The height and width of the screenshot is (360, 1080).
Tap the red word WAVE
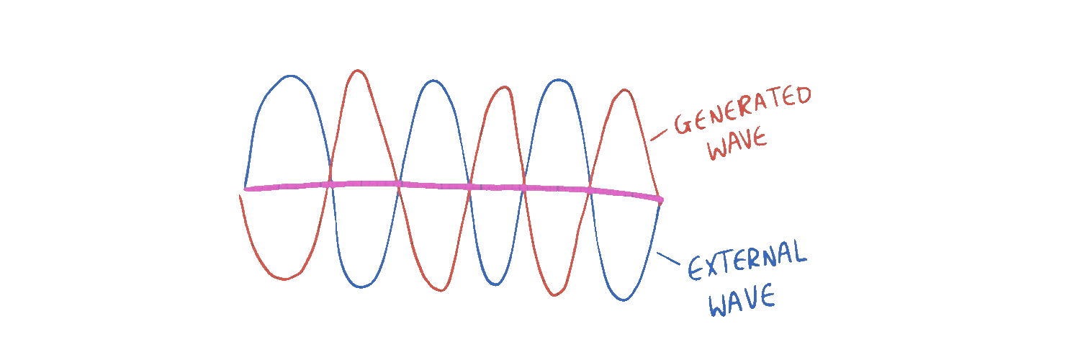pos(737,147)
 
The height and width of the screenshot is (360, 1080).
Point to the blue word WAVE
pos(742,300)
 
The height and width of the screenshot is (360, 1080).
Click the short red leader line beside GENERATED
pos(659,134)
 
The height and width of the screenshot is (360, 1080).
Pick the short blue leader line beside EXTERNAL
pos(668,258)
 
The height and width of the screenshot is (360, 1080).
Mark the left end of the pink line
pos(246,189)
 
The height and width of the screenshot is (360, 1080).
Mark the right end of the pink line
pos(660,199)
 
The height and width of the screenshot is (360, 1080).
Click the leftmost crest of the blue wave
pos(289,76)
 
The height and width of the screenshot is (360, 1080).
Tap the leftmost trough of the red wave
pos(285,279)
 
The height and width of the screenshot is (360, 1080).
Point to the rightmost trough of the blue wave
pos(624,300)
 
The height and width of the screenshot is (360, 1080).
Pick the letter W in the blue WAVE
pos(719,305)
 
